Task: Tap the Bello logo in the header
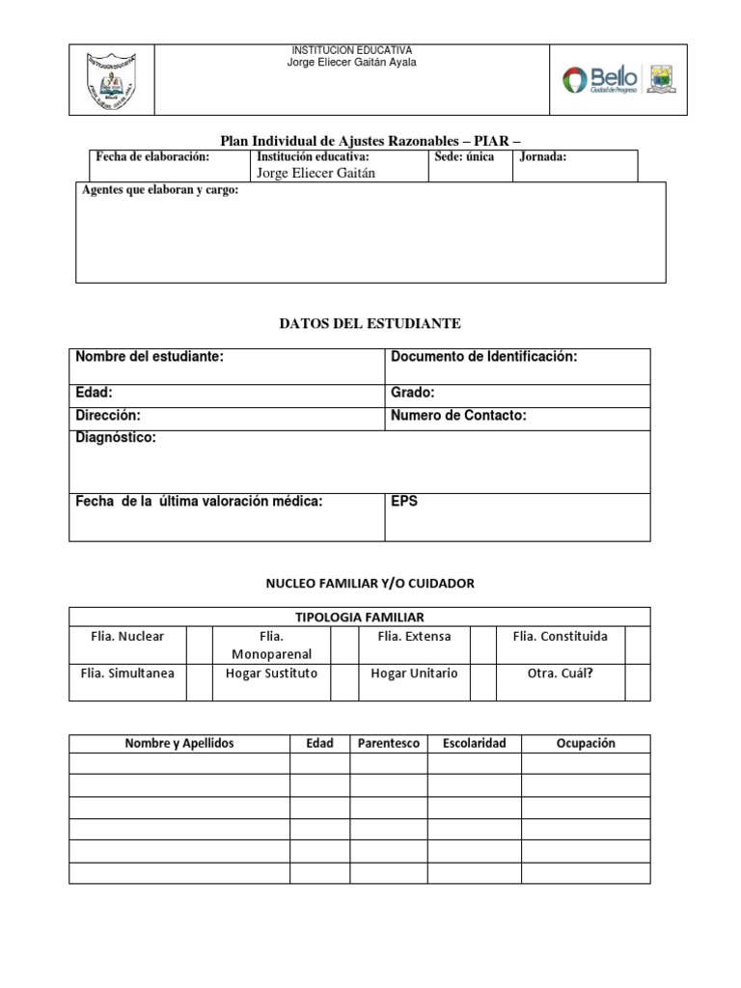600,79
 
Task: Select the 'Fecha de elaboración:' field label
151,157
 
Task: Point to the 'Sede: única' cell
464,157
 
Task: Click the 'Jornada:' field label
543,157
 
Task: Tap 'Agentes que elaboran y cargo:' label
160,190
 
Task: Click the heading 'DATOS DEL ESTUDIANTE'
370,323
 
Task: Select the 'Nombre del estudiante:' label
150,357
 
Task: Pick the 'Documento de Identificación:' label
483,357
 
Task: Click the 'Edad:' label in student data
95,393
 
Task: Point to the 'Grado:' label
413,393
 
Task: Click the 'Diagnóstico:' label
116,438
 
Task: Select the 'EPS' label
404,502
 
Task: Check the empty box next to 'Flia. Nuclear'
199,645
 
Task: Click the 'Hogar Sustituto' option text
271,672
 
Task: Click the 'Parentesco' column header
388,743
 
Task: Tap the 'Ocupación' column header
586,743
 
